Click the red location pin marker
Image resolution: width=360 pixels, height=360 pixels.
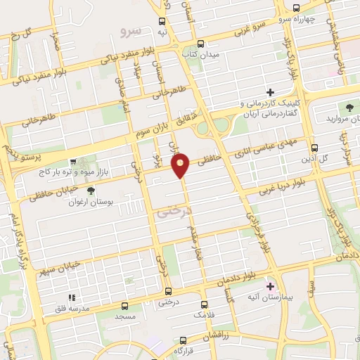181,165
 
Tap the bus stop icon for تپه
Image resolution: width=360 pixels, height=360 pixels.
163,22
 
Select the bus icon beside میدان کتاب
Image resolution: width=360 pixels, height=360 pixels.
200,42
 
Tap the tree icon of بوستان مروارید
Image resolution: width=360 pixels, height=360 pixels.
349,108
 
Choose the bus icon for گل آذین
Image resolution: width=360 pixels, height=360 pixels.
314,148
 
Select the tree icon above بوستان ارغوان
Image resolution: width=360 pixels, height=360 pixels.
89,190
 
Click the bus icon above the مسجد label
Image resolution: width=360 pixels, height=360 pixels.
125,306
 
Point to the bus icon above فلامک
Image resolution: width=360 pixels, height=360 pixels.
204,304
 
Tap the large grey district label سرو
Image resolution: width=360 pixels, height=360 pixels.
131,32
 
